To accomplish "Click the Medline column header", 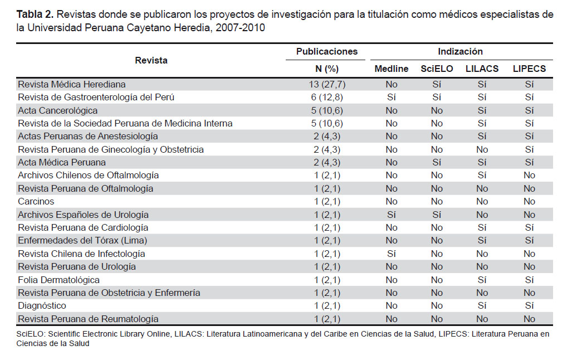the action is pos(391,69).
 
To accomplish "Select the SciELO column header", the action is pos(437,69).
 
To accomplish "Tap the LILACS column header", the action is pos(482,69).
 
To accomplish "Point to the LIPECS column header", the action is pos(529,69).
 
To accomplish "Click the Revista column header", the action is pos(151,60).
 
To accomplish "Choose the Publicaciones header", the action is pos(327,51).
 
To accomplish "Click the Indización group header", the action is pos(460,51).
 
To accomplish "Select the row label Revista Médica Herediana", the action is pos(72,84).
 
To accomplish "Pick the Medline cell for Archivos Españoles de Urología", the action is pos(391,215).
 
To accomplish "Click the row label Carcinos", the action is pos(36,201).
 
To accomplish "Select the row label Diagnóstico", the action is pos(42,305).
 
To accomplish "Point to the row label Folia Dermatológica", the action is pos(59,280).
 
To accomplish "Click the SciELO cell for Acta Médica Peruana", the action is pos(437,162).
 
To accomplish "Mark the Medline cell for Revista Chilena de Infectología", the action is pos(391,254).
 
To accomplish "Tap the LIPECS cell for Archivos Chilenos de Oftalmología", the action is pos(529,175).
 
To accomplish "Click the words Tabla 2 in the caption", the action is pos(35,14).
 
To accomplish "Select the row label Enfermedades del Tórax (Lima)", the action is pos(82,240).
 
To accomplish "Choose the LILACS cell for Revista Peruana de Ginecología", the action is pos(482,149).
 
